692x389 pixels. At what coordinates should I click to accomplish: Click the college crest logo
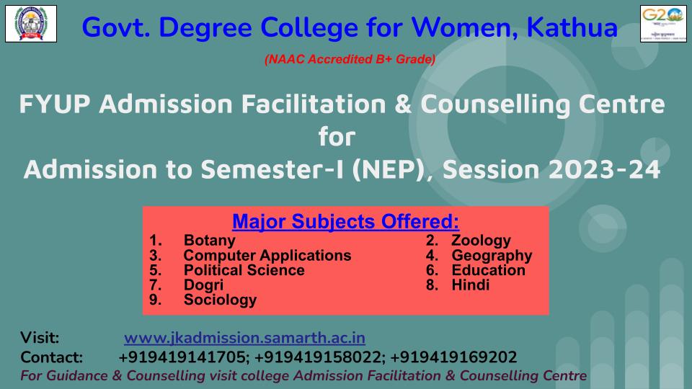(31, 24)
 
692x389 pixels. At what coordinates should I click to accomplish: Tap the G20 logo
(663, 24)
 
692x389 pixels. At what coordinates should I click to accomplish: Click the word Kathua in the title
(572, 27)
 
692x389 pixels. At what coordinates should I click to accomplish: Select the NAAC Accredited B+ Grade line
(350, 59)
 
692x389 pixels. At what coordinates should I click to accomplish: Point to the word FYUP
(55, 104)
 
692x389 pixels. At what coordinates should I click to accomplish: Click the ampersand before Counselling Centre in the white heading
(403, 104)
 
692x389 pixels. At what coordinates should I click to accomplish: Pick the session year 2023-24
(604, 170)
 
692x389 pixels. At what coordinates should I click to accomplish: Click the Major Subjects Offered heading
(345, 221)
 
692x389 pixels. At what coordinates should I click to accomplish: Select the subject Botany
(210, 241)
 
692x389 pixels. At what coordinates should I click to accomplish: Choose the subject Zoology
(481, 241)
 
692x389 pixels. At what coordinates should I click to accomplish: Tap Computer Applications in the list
(267, 255)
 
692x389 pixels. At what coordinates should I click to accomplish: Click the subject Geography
(492, 255)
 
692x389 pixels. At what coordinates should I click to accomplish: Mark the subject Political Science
(244, 270)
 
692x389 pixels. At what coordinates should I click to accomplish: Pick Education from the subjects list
(489, 270)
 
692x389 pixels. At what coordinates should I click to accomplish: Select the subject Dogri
(203, 285)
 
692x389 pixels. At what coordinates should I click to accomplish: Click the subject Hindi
(471, 285)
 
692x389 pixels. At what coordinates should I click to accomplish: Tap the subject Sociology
(221, 300)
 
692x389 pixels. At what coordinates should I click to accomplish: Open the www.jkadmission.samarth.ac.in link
(244, 338)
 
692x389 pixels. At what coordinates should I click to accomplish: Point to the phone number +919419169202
(453, 357)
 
